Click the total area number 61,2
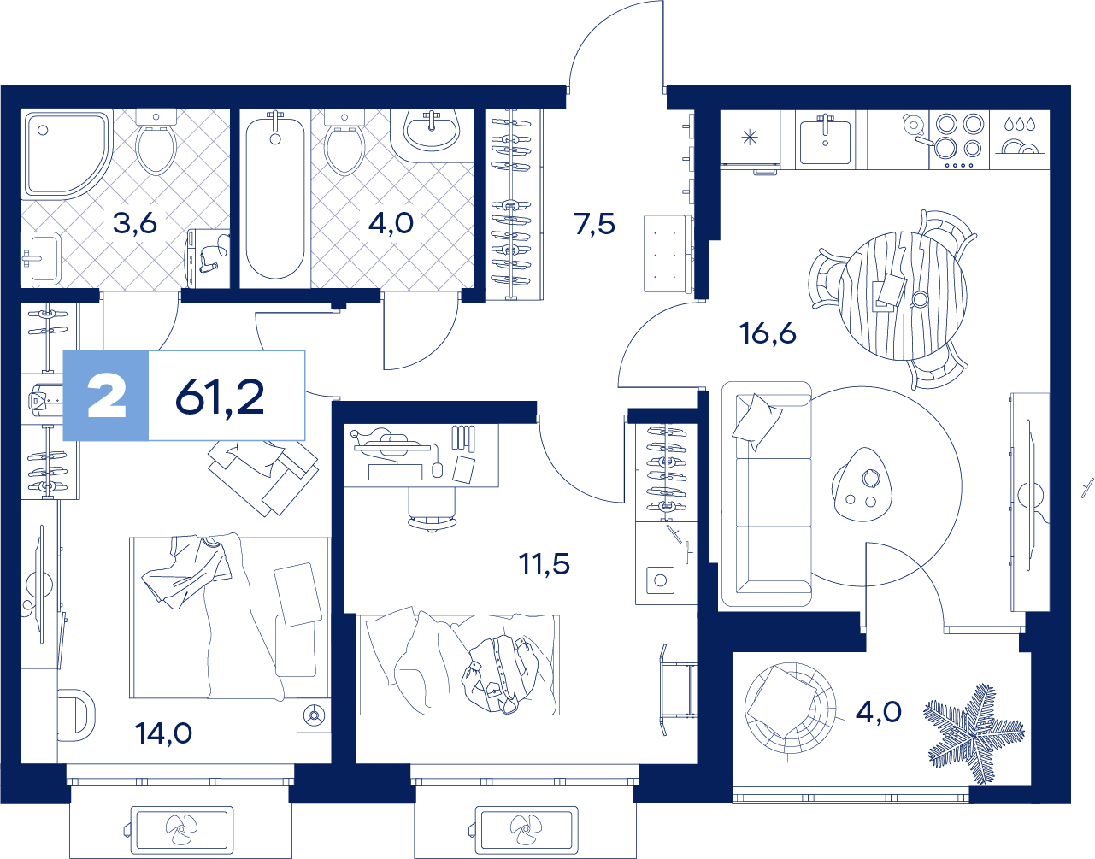pos(220,397)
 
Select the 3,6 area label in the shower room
pos(135,223)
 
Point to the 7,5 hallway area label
pos(595,224)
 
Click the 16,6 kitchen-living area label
pos(768,333)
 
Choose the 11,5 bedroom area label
pos(545,564)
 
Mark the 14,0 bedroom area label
pos(164,733)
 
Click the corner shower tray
pos(68,154)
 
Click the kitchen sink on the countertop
pos(826,142)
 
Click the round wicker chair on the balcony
pos(790,708)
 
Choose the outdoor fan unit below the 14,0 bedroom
pos(182,830)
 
